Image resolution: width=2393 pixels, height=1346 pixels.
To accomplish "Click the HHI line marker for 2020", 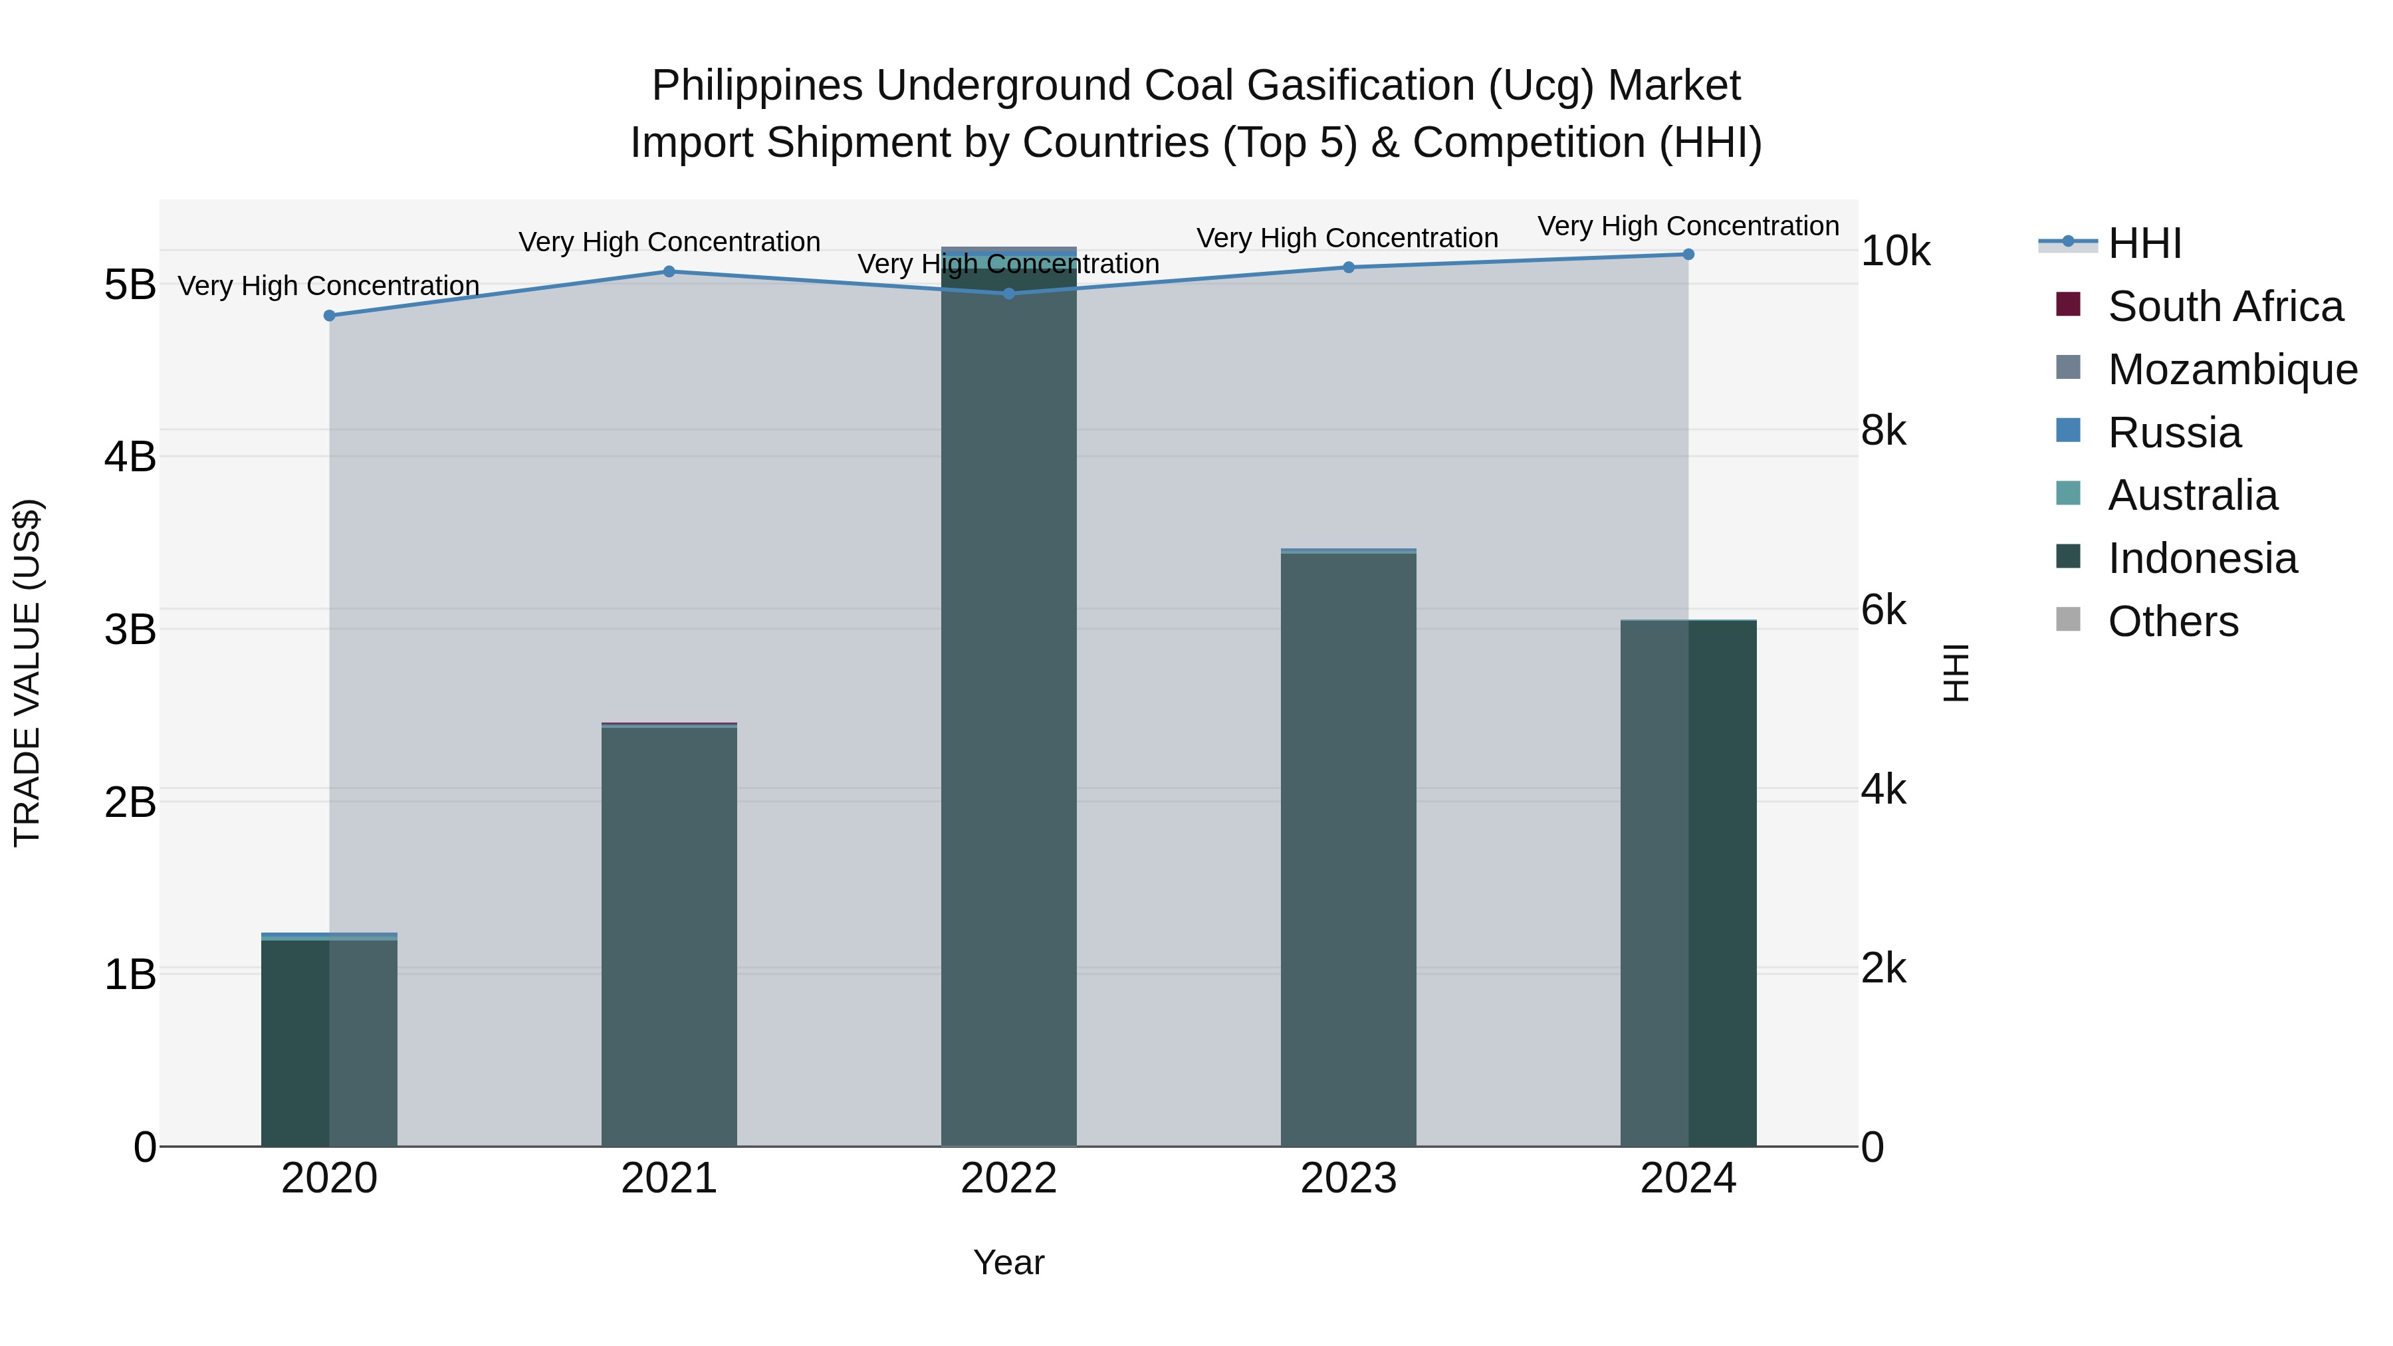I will tap(329, 316).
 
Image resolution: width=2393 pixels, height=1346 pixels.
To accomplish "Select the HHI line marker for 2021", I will tap(669, 271).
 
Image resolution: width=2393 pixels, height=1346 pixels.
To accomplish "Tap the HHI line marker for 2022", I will tap(1009, 294).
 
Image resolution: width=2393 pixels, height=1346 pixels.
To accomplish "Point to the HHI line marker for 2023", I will tap(1349, 267).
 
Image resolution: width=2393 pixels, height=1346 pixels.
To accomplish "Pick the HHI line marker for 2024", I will tap(1688, 255).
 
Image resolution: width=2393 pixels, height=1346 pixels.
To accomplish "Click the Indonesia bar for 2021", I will tap(669, 938).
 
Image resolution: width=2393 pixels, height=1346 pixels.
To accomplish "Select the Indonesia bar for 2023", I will tap(1349, 850).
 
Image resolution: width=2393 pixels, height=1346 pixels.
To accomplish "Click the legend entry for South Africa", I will tap(2225, 306).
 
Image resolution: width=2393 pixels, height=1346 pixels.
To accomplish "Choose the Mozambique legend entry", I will tap(2232, 370).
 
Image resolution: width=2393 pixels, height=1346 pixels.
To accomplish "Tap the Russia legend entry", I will tap(2174, 433).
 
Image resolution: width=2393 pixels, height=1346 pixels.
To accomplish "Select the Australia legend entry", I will tap(2192, 495).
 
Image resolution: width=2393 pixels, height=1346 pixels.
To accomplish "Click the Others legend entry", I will tap(2173, 621).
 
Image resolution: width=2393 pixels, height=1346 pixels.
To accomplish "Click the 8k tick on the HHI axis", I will tap(1884, 431).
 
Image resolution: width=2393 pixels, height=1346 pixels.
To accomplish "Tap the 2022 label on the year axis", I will tap(1009, 1178).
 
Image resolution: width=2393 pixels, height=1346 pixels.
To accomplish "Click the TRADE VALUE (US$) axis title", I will tap(28, 673).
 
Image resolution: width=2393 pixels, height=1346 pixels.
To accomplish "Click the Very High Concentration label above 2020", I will tap(329, 286).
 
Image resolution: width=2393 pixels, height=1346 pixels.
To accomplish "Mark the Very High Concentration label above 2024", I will tap(1688, 227).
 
